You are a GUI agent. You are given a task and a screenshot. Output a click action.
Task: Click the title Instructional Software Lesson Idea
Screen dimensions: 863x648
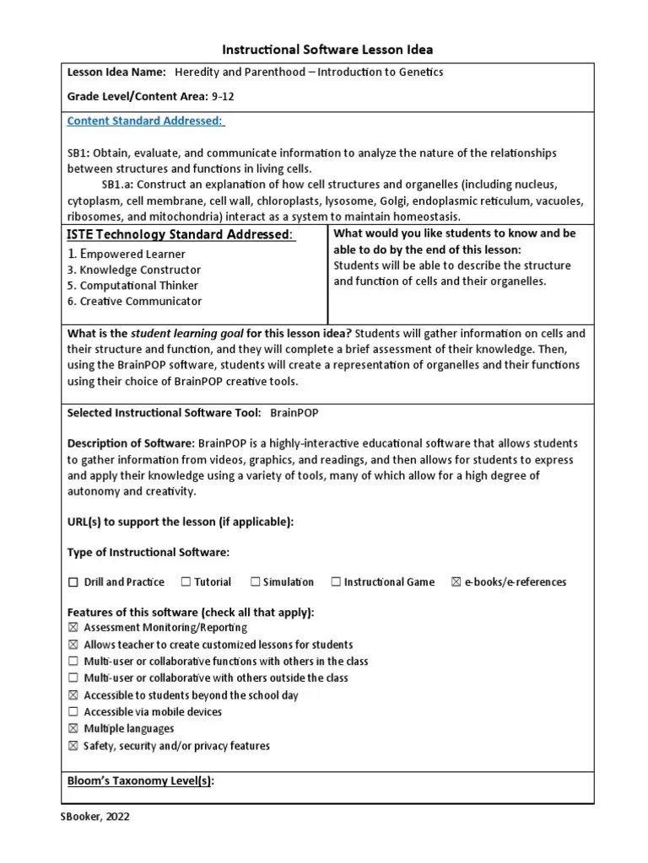coord(327,50)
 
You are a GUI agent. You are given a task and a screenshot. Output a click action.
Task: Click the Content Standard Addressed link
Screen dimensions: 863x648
coord(145,121)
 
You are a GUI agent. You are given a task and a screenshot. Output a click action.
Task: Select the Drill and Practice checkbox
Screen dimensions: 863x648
coord(73,582)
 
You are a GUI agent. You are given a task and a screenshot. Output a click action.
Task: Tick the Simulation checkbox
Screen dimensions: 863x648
coord(255,582)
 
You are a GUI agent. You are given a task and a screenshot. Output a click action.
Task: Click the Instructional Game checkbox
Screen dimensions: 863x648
coord(336,582)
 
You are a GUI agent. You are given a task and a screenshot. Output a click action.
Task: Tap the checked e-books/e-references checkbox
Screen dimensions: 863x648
coord(456,582)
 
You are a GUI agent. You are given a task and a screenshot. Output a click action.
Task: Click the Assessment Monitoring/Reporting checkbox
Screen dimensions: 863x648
coord(73,628)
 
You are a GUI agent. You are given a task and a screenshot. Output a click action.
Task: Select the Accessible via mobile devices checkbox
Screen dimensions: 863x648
coord(73,712)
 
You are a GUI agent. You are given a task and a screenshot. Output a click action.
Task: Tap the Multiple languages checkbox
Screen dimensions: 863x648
coord(73,729)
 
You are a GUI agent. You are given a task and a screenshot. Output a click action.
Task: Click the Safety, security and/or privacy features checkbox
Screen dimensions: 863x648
coord(73,746)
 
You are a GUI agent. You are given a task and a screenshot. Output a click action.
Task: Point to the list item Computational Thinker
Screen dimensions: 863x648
coord(133,285)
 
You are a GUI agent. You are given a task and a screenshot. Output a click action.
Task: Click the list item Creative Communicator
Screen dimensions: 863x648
coord(134,301)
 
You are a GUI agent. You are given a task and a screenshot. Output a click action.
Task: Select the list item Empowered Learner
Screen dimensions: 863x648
coord(127,254)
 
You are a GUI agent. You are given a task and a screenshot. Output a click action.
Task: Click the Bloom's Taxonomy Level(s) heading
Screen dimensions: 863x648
coord(140,781)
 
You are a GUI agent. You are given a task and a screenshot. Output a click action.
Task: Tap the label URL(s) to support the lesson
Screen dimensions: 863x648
coord(180,522)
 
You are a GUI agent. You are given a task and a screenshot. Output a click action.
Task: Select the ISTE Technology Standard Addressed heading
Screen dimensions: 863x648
coord(181,234)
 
